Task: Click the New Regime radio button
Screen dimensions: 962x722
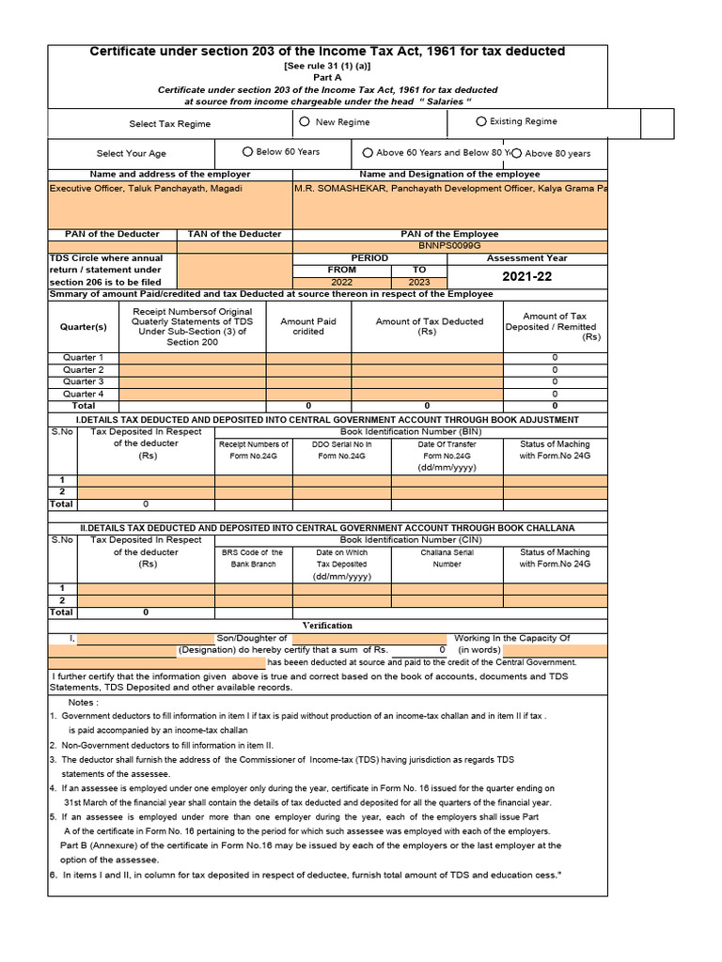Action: [305, 121]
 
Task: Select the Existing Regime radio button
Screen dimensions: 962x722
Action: [481, 121]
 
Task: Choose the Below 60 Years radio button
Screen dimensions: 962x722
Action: [247, 151]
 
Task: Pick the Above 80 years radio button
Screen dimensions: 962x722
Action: [516, 153]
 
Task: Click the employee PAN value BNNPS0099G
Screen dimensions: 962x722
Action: [449, 246]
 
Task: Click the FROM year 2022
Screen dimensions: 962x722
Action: [341, 282]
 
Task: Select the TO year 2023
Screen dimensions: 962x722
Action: [419, 282]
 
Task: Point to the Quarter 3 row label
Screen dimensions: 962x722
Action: [83, 381]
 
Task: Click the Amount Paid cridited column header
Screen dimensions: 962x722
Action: [308, 326]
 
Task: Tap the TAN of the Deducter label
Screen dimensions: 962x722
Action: [234, 234]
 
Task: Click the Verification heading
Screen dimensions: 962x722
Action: [327, 625]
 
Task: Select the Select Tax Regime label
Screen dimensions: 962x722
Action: [170, 124]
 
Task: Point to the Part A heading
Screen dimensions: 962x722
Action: [327, 78]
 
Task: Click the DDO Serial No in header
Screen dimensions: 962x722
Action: [341, 450]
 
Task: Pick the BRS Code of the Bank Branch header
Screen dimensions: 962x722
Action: [252, 558]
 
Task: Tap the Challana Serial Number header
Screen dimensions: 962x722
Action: [447, 558]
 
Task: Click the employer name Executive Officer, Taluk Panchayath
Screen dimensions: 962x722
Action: [146, 189]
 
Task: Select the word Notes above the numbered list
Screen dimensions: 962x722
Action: [84, 703]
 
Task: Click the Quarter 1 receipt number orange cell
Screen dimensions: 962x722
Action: [192, 358]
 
